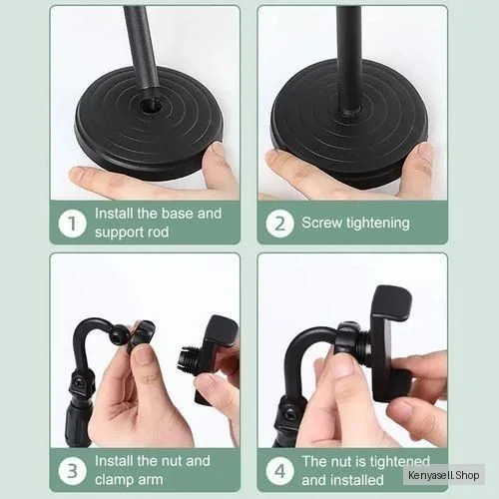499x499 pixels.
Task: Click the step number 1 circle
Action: point(72,224)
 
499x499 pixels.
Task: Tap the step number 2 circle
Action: point(279,224)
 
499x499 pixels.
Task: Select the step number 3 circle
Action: point(72,471)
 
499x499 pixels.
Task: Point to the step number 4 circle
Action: point(279,471)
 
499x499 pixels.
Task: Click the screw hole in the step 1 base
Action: point(151,107)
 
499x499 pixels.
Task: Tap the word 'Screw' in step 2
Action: point(321,223)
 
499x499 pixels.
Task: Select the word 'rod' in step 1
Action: point(158,232)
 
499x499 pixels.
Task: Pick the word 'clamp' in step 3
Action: point(114,480)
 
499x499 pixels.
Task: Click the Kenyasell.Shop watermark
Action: point(444,475)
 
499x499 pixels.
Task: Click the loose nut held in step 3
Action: point(142,335)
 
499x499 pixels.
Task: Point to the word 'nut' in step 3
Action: point(171,461)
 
